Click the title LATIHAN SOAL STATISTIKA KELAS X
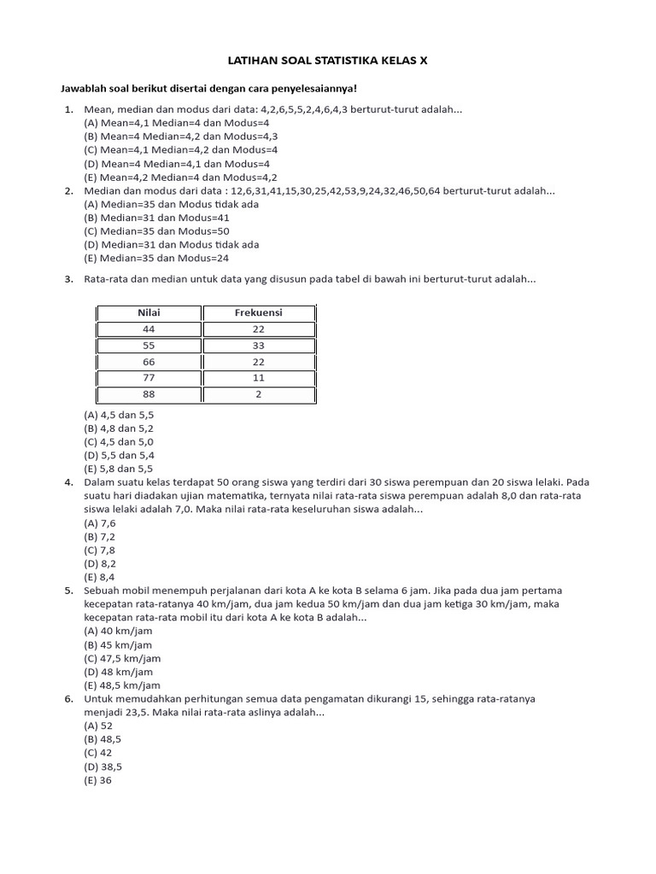tap(328, 62)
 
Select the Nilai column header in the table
tap(149, 313)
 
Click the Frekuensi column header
tap(258, 313)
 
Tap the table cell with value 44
tap(149, 329)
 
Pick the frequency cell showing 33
tap(258, 346)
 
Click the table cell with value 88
tap(149, 394)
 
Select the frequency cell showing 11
tap(258, 378)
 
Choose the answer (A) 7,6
tap(99, 522)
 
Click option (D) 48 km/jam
tap(118, 672)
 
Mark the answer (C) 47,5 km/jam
tap(122, 658)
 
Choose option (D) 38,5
tap(102, 766)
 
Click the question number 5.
tap(68, 591)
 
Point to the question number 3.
tap(68, 279)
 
